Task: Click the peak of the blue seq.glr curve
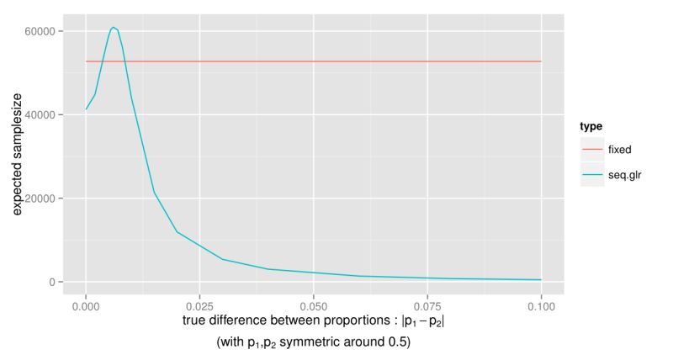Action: pyautogui.click(x=113, y=27)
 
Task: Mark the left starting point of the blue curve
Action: pyautogui.click(x=86, y=109)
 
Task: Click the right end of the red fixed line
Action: pyautogui.click(x=541, y=61)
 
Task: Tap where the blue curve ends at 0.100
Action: pyautogui.click(x=541, y=280)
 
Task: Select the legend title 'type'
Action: pyautogui.click(x=591, y=126)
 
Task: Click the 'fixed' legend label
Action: pyautogui.click(x=620, y=149)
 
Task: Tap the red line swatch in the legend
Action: pyautogui.click(x=592, y=149)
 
